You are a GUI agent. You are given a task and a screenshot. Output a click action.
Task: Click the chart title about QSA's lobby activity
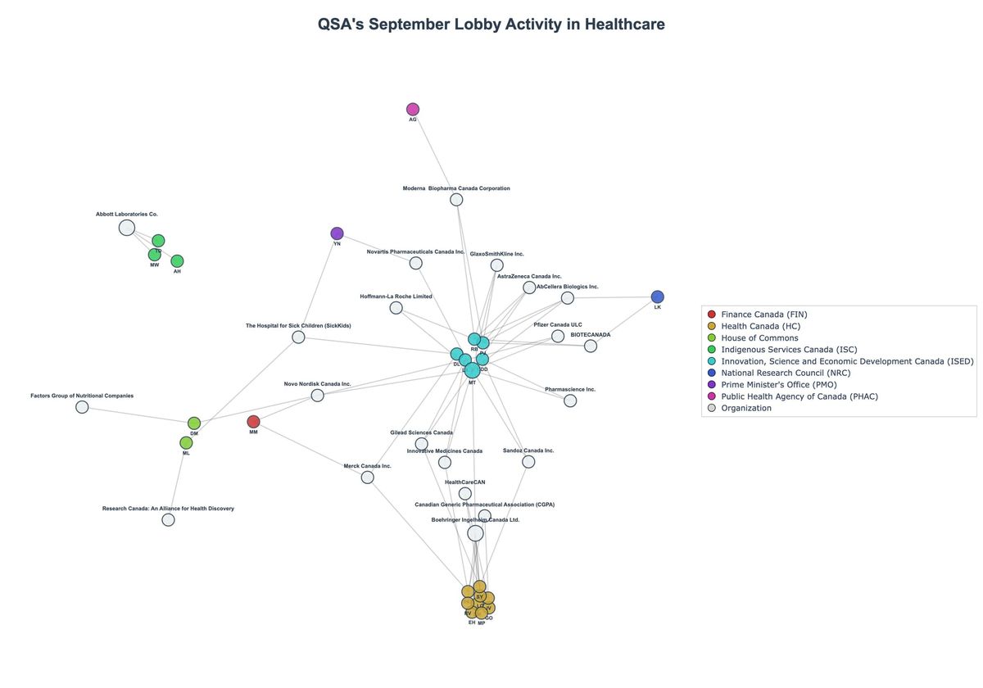coord(491,25)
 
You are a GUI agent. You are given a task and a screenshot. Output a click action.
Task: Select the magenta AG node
coord(413,109)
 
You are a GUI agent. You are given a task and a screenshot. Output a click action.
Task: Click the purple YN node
coord(337,233)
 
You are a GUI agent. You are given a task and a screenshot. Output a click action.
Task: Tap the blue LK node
coord(657,296)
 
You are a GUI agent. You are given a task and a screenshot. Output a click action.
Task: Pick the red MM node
coord(253,422)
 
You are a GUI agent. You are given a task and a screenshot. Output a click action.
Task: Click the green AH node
coord(177,261)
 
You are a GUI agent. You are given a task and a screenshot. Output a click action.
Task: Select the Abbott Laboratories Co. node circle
coord(127,228)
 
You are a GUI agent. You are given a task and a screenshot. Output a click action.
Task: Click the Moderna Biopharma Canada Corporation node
coord(456,199)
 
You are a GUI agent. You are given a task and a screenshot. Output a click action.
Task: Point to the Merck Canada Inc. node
coord(367,477)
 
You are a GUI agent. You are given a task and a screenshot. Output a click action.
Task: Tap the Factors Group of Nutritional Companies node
coord(82,407)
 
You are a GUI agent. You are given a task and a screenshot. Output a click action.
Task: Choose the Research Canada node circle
coord(168,519)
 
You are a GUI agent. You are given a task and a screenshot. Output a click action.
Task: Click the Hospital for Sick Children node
coord(298,337)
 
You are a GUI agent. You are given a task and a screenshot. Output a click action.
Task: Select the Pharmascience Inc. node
coord(570,401)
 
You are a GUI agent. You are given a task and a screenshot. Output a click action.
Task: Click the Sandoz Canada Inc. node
coord(528,462)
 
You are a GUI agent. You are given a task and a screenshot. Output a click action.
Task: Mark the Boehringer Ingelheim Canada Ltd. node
coord(475,533)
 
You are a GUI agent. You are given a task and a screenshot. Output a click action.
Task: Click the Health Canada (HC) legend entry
coord(759,326)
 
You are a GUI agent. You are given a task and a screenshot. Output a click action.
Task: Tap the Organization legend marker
coord(711,408)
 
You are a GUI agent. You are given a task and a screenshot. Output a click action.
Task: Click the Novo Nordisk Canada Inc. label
coord(317,383)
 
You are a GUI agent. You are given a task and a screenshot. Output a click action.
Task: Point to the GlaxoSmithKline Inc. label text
coord(496,254)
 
